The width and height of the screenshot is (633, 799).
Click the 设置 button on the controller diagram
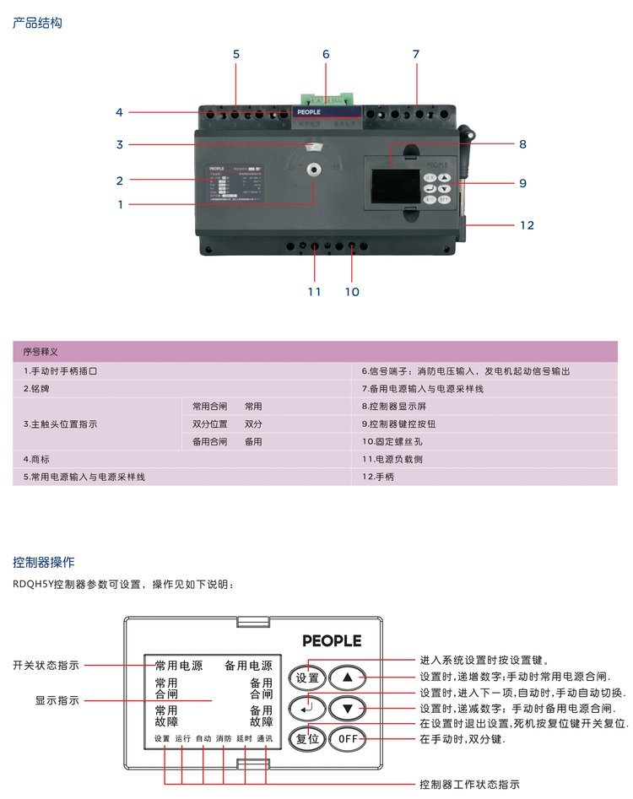point(307,678)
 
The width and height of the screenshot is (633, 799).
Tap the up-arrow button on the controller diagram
point(347,678)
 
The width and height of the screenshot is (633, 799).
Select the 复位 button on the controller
point(307,738)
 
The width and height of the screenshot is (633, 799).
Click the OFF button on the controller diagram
point(347,738)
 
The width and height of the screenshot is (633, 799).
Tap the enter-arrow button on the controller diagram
point(307,707)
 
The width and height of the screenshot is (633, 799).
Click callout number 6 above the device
point(326,54)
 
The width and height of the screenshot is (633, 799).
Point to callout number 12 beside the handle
point(527,225)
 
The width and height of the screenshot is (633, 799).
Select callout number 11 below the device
point(314,292)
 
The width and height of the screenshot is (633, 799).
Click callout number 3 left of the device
point(120,144)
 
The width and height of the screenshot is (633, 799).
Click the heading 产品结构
point(37,23)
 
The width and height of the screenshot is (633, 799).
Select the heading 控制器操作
point(44,562)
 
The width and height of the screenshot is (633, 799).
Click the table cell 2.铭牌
point(38,389)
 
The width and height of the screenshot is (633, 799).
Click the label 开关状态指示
point(46,665)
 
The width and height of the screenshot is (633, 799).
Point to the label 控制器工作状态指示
point(469,785)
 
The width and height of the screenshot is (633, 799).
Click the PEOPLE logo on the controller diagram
point(332,640)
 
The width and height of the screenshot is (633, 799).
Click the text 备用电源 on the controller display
point(248,666)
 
